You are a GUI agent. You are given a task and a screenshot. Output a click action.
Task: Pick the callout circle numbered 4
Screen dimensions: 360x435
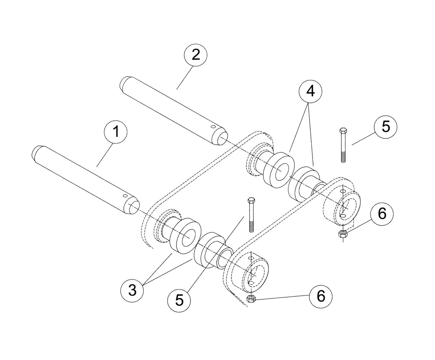coord(310,91)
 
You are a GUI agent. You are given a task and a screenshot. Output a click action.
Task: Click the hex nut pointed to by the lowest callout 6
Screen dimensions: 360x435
coord(251,299)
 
